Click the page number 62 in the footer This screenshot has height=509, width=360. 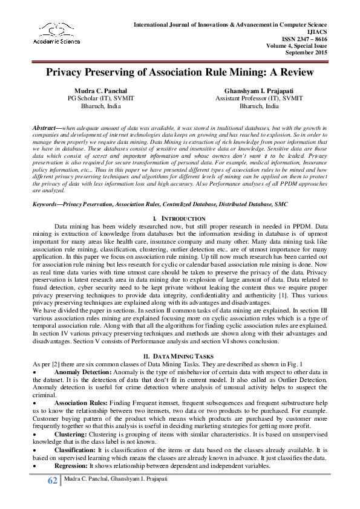(52, 481)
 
